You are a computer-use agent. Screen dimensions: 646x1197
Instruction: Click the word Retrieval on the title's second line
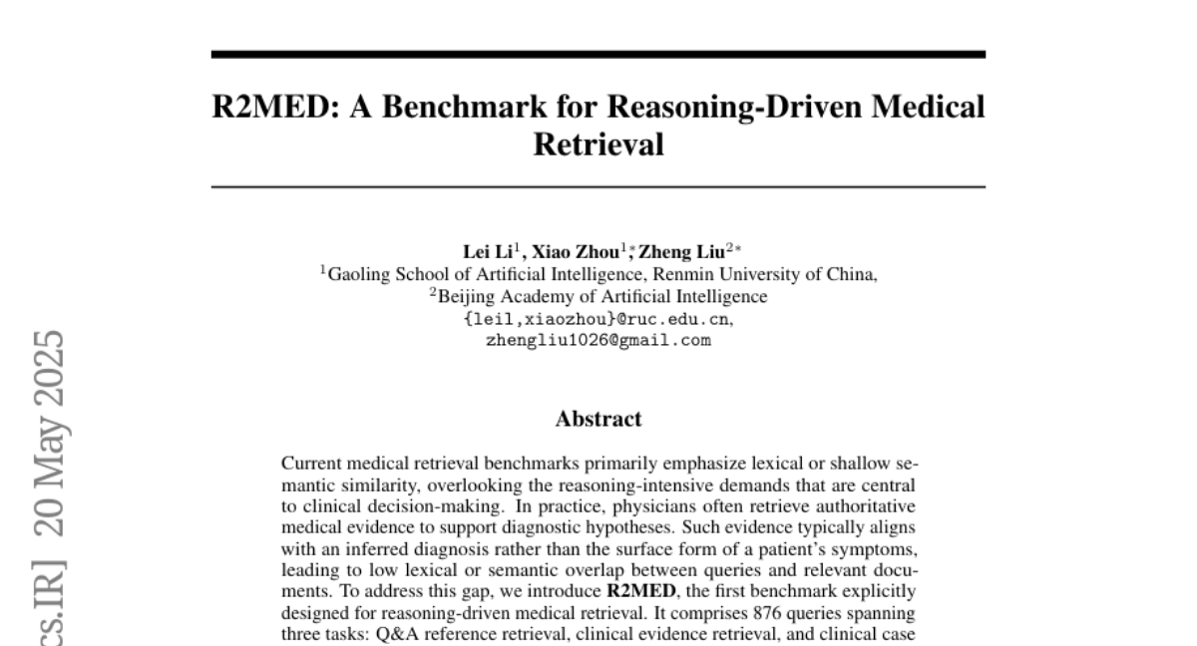pyautogui.click(x=598, y=145)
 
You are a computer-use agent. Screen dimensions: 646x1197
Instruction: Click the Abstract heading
pyautogui.click(x=598, y=419)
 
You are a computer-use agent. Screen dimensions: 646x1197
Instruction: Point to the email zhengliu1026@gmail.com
pyautogui.click(x=598, y=340)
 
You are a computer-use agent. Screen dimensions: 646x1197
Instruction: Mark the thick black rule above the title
pyautogui.click(x=598, y=55)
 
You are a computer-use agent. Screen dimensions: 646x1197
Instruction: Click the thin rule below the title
pyautogui.click(x=598, y=186)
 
